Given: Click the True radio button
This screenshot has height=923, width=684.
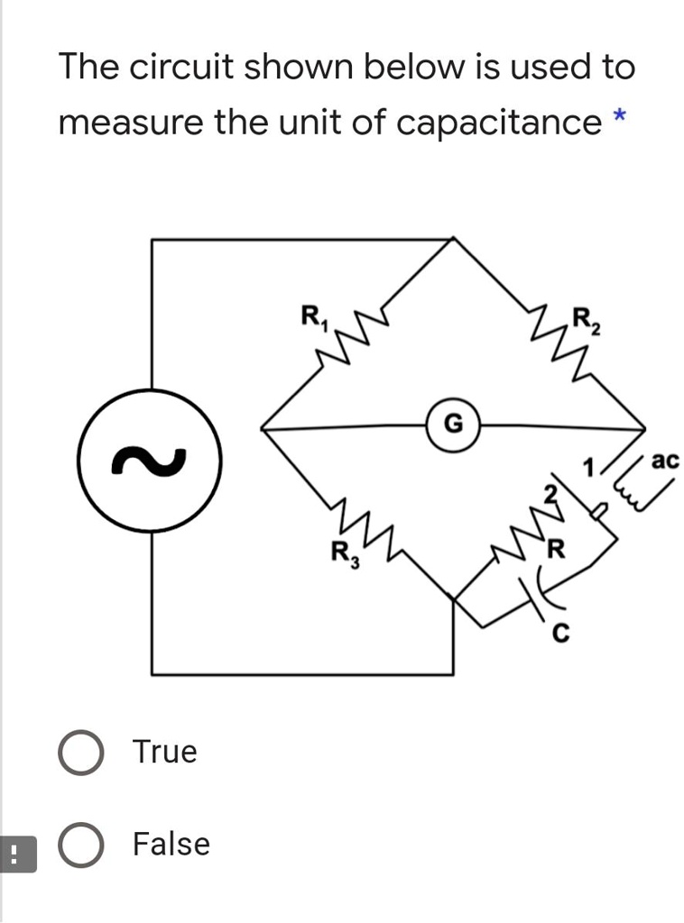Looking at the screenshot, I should click(x=82, y=753).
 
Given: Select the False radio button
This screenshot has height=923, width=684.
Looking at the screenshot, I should click(x=82, y=845).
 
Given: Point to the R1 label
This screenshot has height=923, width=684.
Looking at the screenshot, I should click(x=311, y=317).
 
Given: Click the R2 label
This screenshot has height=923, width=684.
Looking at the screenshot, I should click(x=584, y=321).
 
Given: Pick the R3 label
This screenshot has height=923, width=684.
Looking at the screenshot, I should click(x=345, y=553).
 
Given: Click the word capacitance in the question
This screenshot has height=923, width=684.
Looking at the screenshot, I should click(x=499, y=122).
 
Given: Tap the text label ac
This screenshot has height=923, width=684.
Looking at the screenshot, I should click(x=663, y=461).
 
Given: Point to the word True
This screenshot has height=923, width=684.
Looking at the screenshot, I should click(x=164, y=751).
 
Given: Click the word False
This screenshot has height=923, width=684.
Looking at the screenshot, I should click(x=171, y=845).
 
